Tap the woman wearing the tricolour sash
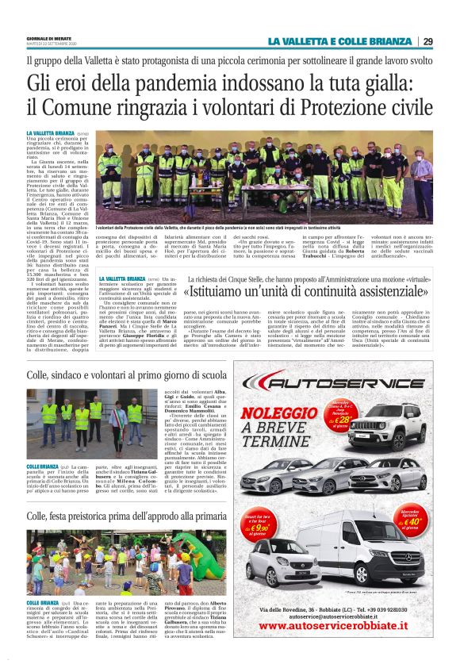(x=117, y=420)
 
